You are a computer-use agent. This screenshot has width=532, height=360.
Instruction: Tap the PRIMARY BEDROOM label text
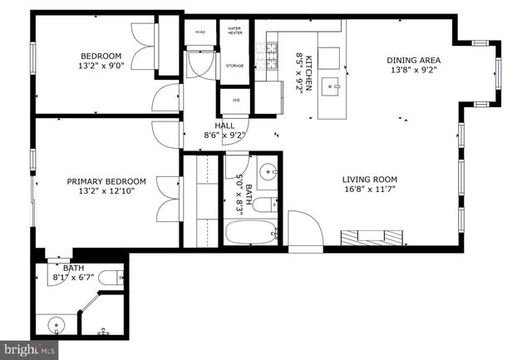pyautogui.click(x=106, y=181)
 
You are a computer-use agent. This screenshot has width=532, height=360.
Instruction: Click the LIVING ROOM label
pyautogui.click(x=370, y=179)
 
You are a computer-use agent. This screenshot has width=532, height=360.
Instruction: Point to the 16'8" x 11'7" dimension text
pyautogui.click(x=370, y=190)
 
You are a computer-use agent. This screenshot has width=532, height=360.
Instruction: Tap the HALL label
pyautogui.click(x=224, y=126)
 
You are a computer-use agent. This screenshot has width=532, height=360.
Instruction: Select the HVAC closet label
pyautogui.click(x=200, y=32)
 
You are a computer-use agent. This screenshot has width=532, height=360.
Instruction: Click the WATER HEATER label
pyautogui.click(x=234, y=31)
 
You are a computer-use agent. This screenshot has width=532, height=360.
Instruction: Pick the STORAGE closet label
pyautogui.click(x=234, y=66)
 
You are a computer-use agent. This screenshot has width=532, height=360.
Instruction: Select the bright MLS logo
pyautogui.click(x=29, y=349)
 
